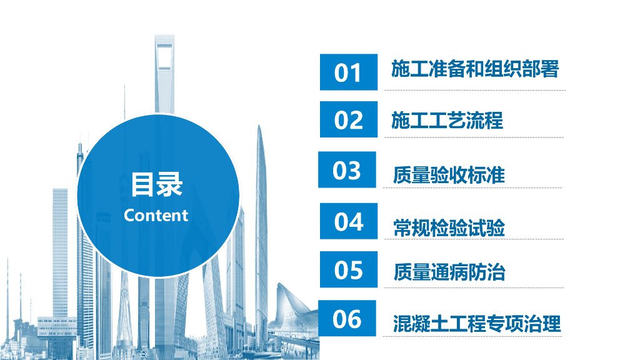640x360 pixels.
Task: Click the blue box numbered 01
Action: click(x=349, y=72)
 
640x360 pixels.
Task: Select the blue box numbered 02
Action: click(x=349, y=119)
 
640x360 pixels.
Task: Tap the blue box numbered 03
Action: click(x=347, y=169)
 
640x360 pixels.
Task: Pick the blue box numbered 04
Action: click(x=349, y=221)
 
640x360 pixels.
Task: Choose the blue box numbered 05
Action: click(x=349, y=269)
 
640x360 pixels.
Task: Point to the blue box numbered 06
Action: click(x=347, y=318)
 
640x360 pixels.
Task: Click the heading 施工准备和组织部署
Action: click(x=475, y=69)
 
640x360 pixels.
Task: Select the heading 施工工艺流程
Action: click(x=447, y=121)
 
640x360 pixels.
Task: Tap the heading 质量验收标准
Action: click(x=449, y=175)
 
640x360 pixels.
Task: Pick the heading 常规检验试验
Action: click(x=449, y=227)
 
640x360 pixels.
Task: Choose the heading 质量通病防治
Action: click(x=449, y=272)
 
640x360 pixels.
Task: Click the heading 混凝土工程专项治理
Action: click(x=477, y=324)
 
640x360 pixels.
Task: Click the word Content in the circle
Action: click(x=156, y=216)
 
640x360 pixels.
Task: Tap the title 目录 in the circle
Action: click(x=156, y=184)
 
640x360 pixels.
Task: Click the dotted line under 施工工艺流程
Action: click(x=474, y=137)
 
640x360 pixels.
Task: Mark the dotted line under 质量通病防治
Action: click(x=474, y=287)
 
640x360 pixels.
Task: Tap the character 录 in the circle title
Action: click(x=170, y=184)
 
